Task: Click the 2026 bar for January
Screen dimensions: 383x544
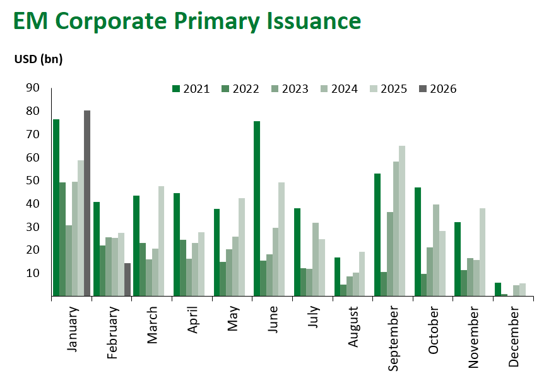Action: [x=87, y=203]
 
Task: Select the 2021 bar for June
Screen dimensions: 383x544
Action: [x=257, y=208]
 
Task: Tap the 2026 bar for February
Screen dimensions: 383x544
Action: [x=127, y=280]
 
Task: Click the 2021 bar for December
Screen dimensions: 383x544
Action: [x=498, y=289]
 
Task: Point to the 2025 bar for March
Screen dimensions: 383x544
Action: [x=161, y=241]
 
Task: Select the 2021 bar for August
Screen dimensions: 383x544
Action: [x=338, y=276]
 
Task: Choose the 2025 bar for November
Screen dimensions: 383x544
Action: [x=483, y=252]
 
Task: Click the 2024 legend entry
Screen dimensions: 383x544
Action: [x=340, y=89]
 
